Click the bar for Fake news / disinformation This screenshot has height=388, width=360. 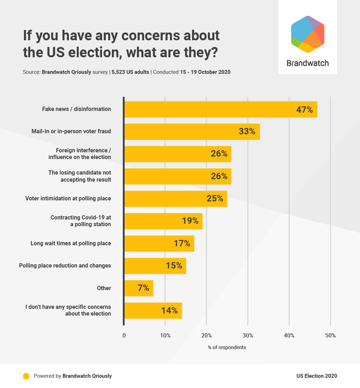click(x=212, y=109)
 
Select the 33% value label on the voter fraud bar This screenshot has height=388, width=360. click(x=247, y=131)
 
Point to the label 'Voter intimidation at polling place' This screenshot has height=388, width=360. click(x=68, y=199)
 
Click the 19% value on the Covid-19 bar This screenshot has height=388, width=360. click(x=190, y=221)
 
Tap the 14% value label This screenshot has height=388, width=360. click(x=169, y=311)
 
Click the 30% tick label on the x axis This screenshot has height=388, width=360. click(x=248, y=336)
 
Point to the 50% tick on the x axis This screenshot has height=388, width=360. click(x=330, y=336)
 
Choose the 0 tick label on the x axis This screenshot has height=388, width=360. click(x=124, y=336)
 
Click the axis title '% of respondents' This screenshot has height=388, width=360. click(x=227, y=347)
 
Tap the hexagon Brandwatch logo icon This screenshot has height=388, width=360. click(x=307, y=34)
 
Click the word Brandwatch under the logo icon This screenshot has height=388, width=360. click(x=307, y=63)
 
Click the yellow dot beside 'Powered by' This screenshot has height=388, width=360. click(x=26, y=376)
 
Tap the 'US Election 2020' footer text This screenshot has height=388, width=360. click(x=317, y=376)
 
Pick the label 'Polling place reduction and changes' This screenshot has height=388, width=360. click(x=65, y=266)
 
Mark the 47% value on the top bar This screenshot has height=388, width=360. click(x=304, y=110)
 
